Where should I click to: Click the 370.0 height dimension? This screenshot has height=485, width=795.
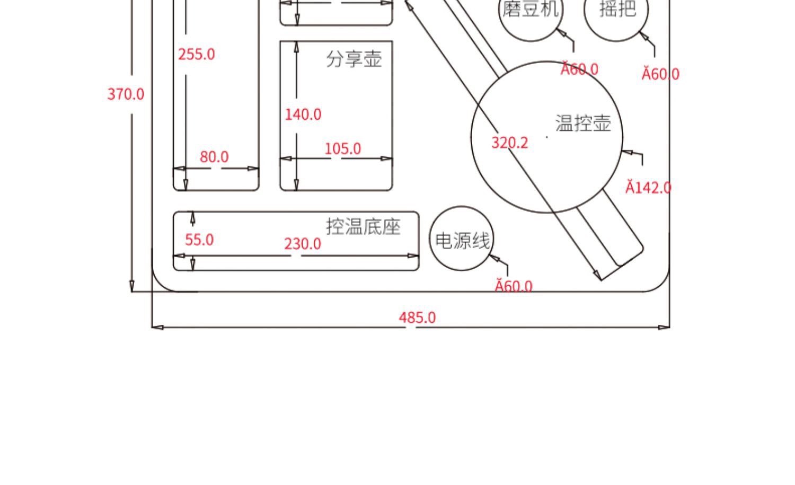pyautogui.click(x=126, y=94)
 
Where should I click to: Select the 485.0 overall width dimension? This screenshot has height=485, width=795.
pyautogui.click(x=417, y=318)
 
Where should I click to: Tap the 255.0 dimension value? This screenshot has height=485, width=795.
pyautogui.click(x=197, y=55)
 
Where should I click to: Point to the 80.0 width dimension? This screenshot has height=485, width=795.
pyautogui.click(x=214, y=157)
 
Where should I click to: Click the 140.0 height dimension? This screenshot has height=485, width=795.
pyautogui.click(x=303, y=114)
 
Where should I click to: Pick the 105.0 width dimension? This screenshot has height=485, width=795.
pyautogui.click(x=342, y=149)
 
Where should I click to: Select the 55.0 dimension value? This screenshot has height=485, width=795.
pyautogui.click(x=199, y=240)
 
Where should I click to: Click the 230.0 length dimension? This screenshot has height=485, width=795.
pyautogui.click(x=303, y=244)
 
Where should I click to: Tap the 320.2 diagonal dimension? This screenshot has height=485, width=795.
pyautogui.click(x=509, y=143)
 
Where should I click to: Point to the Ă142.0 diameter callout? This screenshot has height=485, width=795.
pyautogui.click(x=648, y=188)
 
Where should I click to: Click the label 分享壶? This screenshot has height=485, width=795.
pyautogui.click(x=354, y=59)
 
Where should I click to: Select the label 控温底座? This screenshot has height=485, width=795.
pyautogui.click(x=363, y=227)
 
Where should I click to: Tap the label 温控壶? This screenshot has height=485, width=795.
pyautogui.click(x=583, y=123)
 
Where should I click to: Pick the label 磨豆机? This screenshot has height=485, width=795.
pyautogui.click(x=531, y=9)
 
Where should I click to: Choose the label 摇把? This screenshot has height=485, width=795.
pyautogui.click(x=617, y=9)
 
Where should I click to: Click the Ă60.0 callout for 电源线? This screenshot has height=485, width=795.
pyautogui.click(x=514, y=286)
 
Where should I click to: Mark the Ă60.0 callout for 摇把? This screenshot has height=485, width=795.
pyautogui.click(x=660, y=74)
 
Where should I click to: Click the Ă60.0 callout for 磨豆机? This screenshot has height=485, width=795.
pyautogui.click(x=579, y=69)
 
